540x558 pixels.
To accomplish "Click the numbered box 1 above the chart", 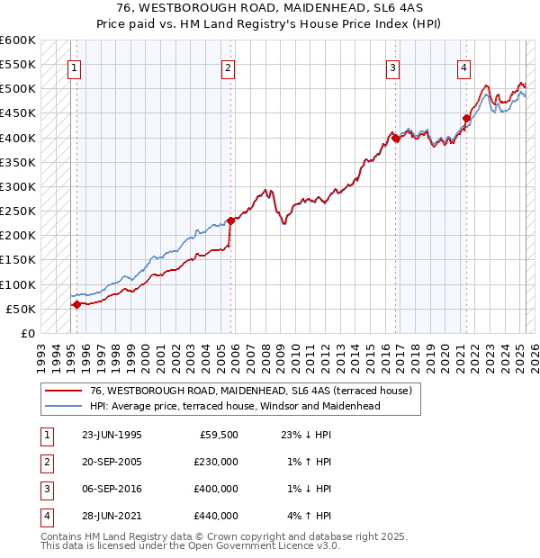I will pyautogui.click(x=73, y=67).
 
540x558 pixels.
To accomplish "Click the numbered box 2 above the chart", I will pyautogui.click(x=229, y=67).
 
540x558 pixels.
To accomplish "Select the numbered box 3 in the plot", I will pyautogui.click(x=393, y=67).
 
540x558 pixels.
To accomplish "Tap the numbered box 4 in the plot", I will pyautogui.click(x=463, y=67).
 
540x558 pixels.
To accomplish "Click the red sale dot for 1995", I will pyautogui.click(x=76, y=304).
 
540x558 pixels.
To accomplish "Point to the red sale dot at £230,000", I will pyautogui.click(x=230, y=220).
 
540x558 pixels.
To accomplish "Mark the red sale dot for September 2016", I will pyautogui.click(x=396, y=138).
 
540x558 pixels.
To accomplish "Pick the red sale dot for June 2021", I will pyautogui.click(x=466, y=118).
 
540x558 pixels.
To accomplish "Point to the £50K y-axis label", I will pyautogui.click(x=21, y=309).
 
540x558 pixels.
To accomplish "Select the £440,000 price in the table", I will pyautogui.click(x=216, y=516).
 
